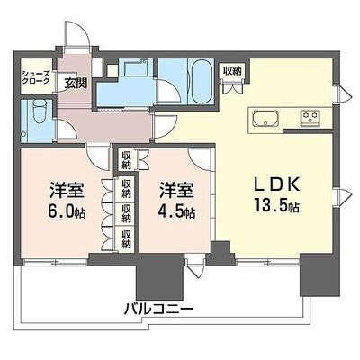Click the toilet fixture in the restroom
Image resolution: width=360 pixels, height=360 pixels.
(39, 112)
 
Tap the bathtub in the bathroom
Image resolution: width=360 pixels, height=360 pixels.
(202, 82)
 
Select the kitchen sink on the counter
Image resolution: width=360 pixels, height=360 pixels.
(265, 119)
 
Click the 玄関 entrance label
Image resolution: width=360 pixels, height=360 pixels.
(76, 84)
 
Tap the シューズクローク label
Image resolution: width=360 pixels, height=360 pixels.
(35, 77)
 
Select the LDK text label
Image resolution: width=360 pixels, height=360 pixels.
(277, 185)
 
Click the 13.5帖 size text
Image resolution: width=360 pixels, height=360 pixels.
(277, 205)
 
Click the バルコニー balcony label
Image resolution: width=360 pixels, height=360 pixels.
(158, 308)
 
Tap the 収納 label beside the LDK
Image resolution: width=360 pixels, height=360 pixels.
(232, 71)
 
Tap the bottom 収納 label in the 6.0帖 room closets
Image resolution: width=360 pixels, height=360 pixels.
(126, 239)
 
